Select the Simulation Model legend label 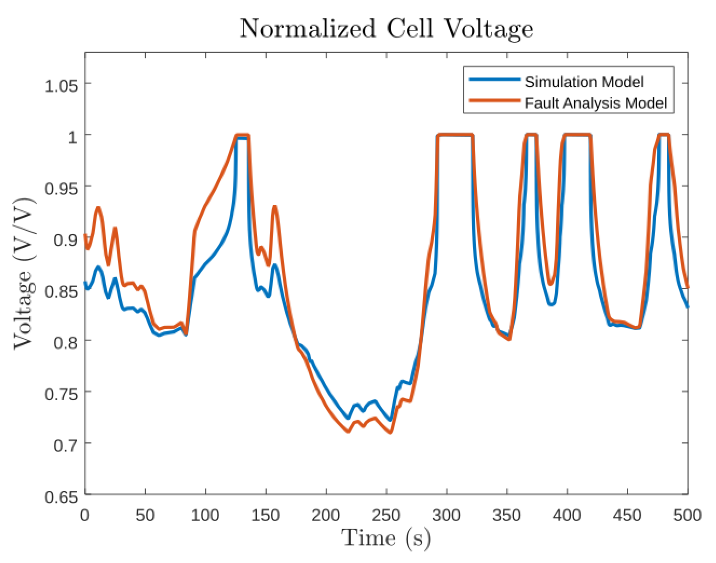pos(584,82)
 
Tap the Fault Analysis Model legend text pos(595,103)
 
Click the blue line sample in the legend pos(494,80)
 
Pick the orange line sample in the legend pos(494,101)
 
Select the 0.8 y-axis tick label pos(65,343)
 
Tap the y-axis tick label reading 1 pos(72,137)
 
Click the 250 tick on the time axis pos(386,516)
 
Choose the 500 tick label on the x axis pos(687,516)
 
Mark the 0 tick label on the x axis pos(85,516)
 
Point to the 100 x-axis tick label pos(205,516)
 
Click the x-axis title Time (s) pos(386,538)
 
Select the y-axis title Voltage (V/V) pos(24,274)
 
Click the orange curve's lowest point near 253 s pos(390,433)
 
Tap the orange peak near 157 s pos(275,207)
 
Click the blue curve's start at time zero pos(85,283)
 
